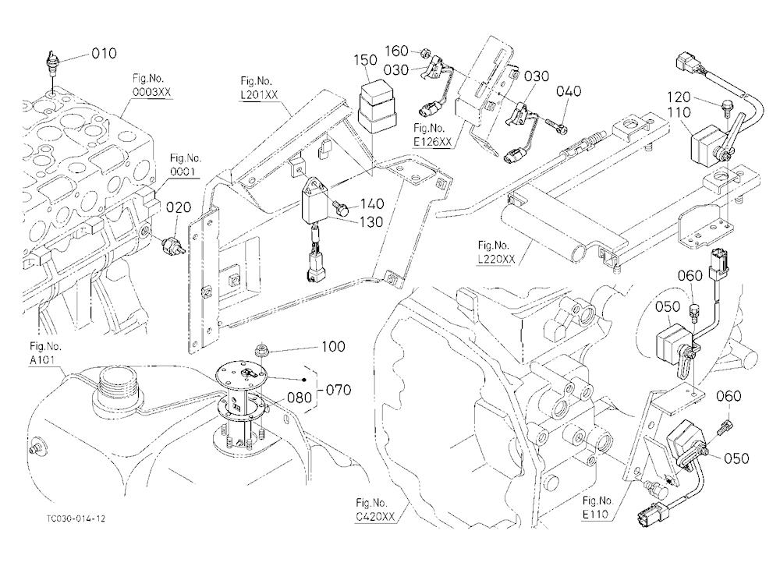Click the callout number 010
(x=104, y=53)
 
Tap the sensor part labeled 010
(x=50, y=62)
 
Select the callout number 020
(x=178, y=207)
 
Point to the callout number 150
(x=366, y=61)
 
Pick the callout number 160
(x=396, y=50)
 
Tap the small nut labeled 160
(x=425, y=52)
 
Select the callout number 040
(x=569, y=91)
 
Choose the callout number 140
(x=372, y=204)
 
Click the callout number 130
(x=371, y=222)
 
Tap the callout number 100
(x=333, y=346)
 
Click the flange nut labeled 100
(x=261, y=350)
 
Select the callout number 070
(x=339, y=390)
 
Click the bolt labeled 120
(x=725, y=107)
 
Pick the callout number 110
(x=679, y=113)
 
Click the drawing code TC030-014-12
(x=76, y=518)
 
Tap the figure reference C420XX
(x=375, y=517)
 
